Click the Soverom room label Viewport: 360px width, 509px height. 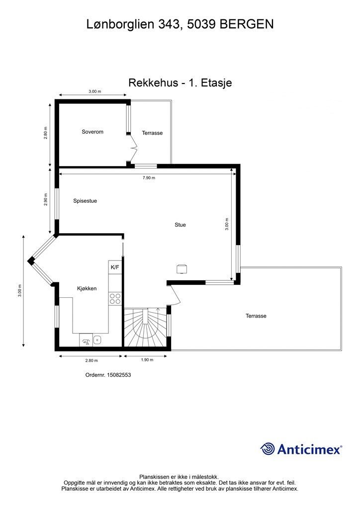pyautogui.click(x=92, y=132)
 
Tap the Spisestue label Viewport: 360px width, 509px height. pyautogui.click(x=85, y=201)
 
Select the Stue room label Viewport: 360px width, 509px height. pyautogui.click(x=180, y=225)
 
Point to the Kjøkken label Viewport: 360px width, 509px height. pyautogui.click(x=87, y=288)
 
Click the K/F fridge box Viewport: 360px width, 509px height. pyautogui.click(x=115, y=267)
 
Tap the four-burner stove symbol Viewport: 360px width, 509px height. pyautogui.click(x=115, y=298)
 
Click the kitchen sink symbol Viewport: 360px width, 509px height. pyautogui.click(x=97, y=340)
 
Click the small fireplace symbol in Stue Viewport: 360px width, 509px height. pyautogui.click(x=182, y=269)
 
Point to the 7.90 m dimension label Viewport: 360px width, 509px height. pyautogui.click(x=149, y=177)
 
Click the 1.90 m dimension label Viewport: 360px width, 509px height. pyautogui.click(x=147, y=360)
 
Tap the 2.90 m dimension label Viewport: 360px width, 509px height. pyautogui.click(x=46, y=199)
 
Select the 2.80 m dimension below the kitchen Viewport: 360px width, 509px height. pyautogui.click(x=91, y=360)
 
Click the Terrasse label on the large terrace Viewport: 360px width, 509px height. pyautogui.click(x=256, y=316)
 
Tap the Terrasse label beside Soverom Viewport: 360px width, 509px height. pyautogui.click(x=152, y=133)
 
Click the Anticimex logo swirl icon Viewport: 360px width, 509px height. pyautogui.click(x=268, y=449)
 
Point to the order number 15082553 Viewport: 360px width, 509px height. pyautogui.click(x=118, y=375)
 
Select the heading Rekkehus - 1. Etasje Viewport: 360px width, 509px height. pyautogui.click(x=180, y=83)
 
